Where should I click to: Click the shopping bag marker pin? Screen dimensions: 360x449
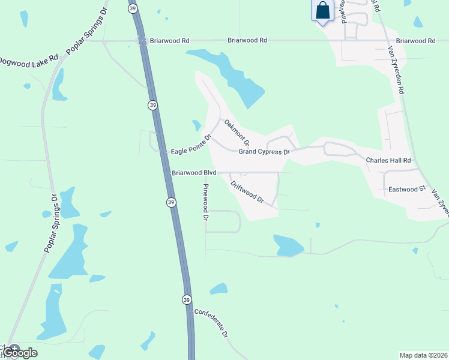(x=323, y=11)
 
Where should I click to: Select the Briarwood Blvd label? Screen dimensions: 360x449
(x=193, y=173)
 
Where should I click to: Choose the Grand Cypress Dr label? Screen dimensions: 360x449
(x=264, y=152)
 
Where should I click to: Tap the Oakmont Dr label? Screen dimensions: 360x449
(x=237, y=132)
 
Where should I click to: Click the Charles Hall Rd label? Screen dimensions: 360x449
(x=388, y=161)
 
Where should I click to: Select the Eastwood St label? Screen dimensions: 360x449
(x=406, y=189)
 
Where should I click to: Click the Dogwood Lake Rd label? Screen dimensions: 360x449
(x=29, y=61)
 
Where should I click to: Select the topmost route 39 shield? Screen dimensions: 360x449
(x=133, y=8)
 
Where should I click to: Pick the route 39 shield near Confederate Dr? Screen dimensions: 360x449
(x=187, y=299)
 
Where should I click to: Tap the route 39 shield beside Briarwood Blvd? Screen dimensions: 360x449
(x=171, y=203)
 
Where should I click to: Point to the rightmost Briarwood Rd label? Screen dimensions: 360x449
(x=415, y=41)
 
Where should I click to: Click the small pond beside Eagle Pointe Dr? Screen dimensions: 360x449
(x=196, y=125)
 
